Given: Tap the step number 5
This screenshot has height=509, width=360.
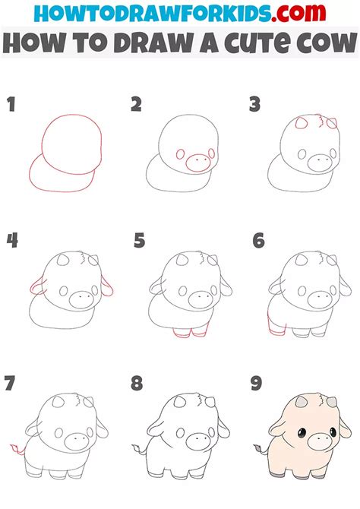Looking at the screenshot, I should [x=139, y=242].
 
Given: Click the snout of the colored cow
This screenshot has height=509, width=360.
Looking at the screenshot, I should [x=314, y=441].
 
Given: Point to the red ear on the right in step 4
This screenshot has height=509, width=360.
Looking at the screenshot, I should [x=110, y=286].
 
